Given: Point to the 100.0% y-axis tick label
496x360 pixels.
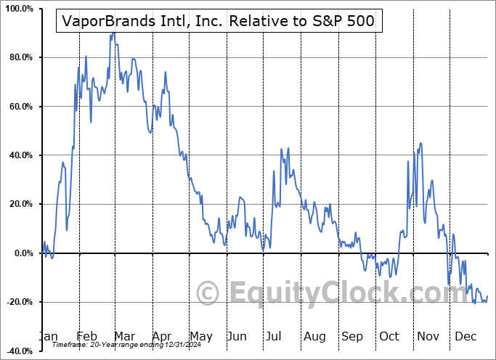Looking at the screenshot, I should (x=17, y=9).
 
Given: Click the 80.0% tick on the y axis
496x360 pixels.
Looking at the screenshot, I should (x=18, y=57).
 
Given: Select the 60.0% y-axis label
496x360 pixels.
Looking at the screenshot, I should (x=18, y=107).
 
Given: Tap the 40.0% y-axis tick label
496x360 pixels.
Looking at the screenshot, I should (x=18, y=155).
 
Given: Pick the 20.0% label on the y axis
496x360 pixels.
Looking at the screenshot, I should (x=18, y=204).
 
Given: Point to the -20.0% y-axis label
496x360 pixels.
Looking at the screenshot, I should (x=17, y=302).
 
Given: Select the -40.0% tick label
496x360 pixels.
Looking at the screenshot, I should (x=17, y=351).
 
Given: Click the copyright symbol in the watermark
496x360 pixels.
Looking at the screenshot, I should (x=208, y=294).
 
